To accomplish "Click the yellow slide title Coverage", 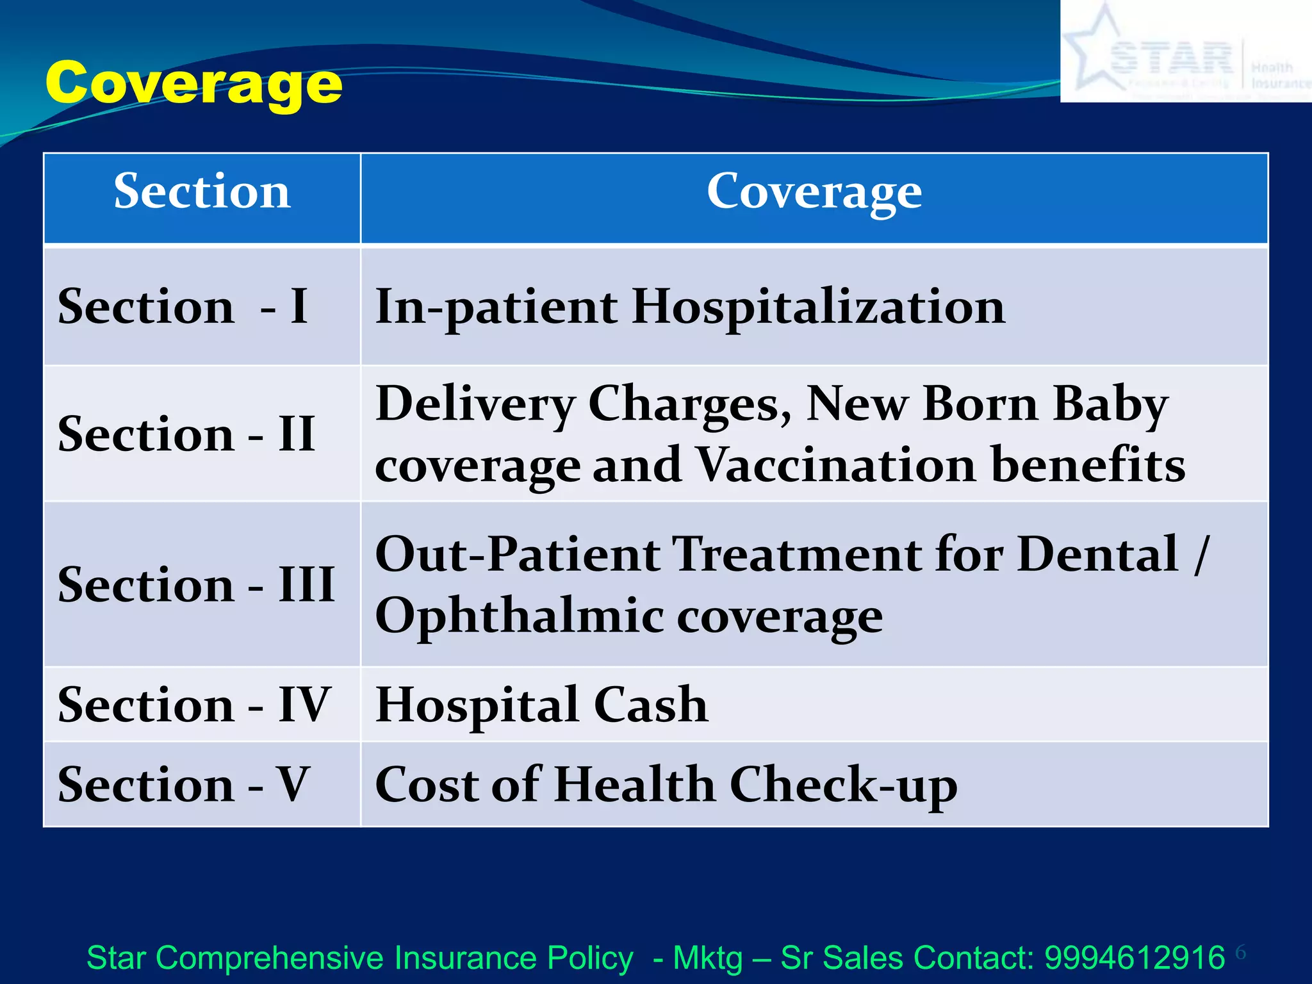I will (x=193, y=83).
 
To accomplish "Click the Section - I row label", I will (x=183, y=306).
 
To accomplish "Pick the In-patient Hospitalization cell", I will (x=690, y=306).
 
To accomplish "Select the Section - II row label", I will (x=186, y=434).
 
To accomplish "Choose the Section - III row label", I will (x=195, y=584).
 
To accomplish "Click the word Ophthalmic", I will (x=520, y=616).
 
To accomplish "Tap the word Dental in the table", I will (x=1097, y=553).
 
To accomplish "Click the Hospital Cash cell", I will (x=541, y=704).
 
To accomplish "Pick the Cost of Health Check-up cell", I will (x=666, y=784).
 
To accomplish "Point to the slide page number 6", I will (x=1241, y=953).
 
